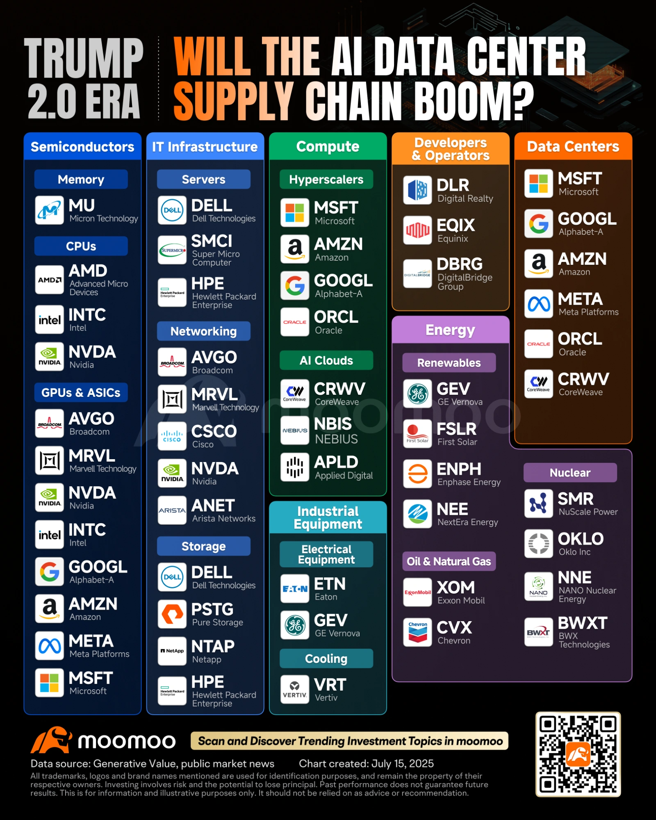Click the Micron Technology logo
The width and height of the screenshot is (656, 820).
pyautogui.click(x=49, y=210)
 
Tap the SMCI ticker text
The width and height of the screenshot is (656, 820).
pyautogui.click(x=212, y=241)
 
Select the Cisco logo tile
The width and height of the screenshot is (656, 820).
pyautogui.click(x=172, y=436)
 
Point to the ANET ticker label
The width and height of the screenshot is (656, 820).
pyautogui.click(x=213, y=506)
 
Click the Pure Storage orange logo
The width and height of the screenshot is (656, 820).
pyautogui.click(x=172, y=614)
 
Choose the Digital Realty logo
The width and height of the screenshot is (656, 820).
pyautogui.click(x=417, y=190)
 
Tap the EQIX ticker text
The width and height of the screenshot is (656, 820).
pyautogui.click(x=456, y=225)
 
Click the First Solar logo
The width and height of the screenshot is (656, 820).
pyautogui.click(x=417, y=434)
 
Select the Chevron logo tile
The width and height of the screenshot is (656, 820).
pyautogui.click(x=417, y=632)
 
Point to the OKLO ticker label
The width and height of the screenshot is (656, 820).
pyautogui.click(x=581, y=539)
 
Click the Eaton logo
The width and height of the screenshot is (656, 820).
pyautogui.click(x=295, y=589)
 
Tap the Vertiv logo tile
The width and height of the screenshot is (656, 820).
pyautogui.click(x=295, y=689)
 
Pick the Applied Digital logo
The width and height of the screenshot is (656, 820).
pyautogui.click(x=295, y=467)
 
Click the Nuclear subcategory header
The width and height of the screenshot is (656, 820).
pyautogui.click(x=570, y=473)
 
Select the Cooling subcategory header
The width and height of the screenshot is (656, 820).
pyautogui.click(x=326, y=658)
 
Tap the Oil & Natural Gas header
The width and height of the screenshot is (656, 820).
pyautogui.click(x=449, y=561)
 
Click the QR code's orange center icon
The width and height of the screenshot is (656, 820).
pyautogui.click(x=578, y=754)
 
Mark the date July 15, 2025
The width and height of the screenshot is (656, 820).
pyautogui.click(x=402, y=763)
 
